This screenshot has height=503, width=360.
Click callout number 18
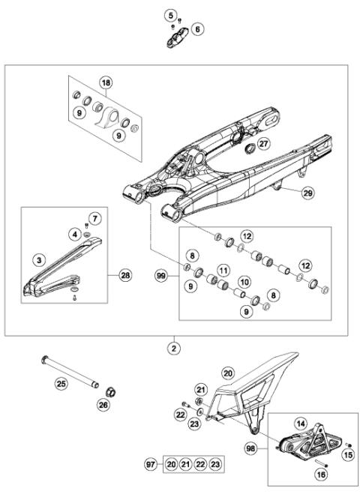click(106, 82)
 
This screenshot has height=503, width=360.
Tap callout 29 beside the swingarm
click(307, 193)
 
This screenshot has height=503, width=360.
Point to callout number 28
click(124, 276)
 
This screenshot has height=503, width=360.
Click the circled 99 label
click(160, 277)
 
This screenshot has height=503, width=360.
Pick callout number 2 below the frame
click(174, 348)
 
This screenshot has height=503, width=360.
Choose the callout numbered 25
click(61, 385)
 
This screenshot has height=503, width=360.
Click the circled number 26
click(103, 406)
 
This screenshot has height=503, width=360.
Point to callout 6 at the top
click(197, 29)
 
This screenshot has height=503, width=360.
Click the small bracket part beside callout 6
click(175, 35)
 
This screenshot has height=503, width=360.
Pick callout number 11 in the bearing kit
click(223, 269)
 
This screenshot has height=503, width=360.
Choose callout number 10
click(244, 283)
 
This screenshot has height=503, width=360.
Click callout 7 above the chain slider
click(94, 219)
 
